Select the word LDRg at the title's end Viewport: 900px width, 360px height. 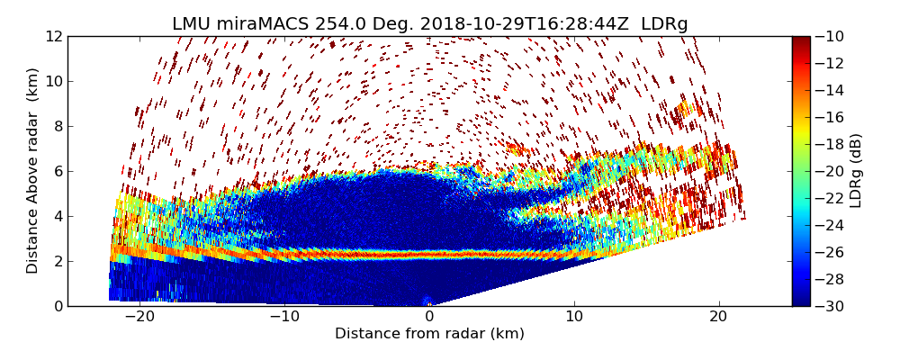point(664,24)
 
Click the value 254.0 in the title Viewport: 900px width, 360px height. point(337,24)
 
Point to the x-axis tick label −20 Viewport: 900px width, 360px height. point(139,317)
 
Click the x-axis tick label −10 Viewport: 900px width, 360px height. point(284,317)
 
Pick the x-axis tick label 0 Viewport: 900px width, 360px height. point(429,317)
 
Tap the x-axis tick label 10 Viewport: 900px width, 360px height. point(574,317)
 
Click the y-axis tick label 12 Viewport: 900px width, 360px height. point(53,36)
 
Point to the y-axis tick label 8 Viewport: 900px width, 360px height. point(57,126)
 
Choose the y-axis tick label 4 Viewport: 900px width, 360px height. point(57,216)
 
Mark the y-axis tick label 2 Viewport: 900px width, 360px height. point(57,261)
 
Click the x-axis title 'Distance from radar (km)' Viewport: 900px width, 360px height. point(429,334)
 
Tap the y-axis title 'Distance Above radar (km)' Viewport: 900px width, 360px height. point(33,170)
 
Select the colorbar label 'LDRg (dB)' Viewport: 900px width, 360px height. point(856,170)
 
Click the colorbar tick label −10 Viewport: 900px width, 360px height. point(832,36)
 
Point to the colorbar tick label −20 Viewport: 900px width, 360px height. point(832,171)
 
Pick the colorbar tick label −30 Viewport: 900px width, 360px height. point(832,306)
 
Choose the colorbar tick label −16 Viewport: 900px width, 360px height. point(832,117)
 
